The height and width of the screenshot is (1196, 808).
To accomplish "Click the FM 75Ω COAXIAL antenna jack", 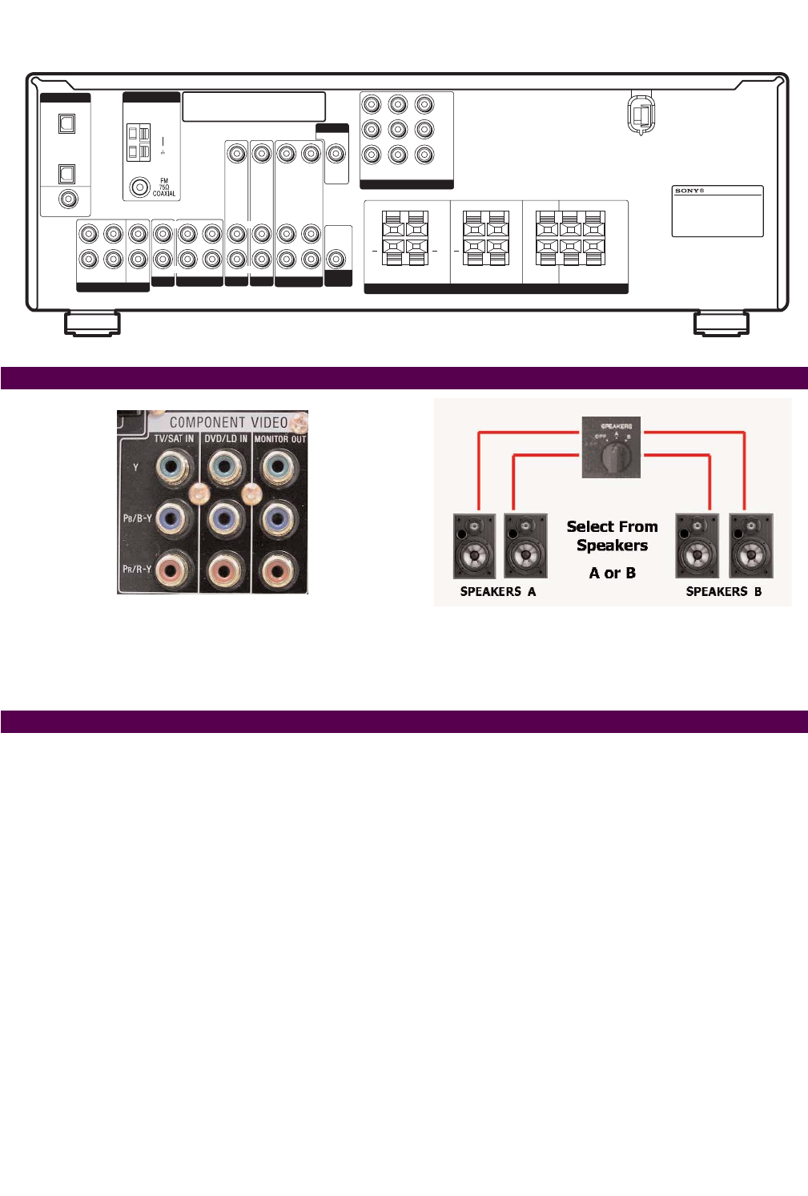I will tap(141, 187).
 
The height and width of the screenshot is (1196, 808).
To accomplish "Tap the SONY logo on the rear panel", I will tap(689, 191).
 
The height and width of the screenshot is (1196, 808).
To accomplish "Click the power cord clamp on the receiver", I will tap(640, 114).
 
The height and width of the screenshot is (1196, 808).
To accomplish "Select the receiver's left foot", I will tap(91, 324).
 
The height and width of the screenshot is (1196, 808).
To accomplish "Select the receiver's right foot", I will tap(721, 324).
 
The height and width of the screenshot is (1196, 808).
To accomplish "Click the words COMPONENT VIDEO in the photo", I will tap(228, 422).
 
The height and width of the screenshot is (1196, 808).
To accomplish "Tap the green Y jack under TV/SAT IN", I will tap(173, 467).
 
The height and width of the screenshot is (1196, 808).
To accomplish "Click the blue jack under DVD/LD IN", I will tap(224, 518).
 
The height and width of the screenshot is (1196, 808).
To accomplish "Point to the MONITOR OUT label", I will tap(279, 439).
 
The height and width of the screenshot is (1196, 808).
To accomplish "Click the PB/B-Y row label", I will tap(137, 518).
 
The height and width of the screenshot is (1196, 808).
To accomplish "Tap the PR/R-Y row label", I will tap(137, 570).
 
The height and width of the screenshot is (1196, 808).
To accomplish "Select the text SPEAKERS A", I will tap(497, 592).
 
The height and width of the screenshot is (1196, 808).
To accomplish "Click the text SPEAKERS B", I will tap(723, 592).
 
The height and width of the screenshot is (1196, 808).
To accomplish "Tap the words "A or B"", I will tap(612, 573).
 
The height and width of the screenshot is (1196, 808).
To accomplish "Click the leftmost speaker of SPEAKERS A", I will tap(474, 546).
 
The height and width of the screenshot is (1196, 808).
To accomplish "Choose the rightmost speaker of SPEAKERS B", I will tap(750, 546).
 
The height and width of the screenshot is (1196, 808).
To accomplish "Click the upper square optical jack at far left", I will tap(67, 123).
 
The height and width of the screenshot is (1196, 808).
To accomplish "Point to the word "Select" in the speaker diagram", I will tap(590, 527).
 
